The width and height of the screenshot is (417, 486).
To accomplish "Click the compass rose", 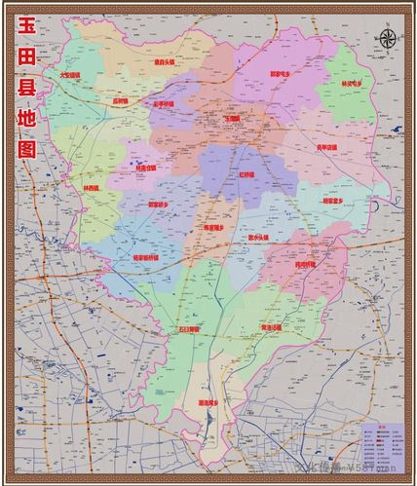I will [x=387, y=40].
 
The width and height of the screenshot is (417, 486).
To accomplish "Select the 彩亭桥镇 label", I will [x=163, y=102].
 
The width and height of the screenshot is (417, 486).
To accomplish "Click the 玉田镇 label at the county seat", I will [x=232, y=118].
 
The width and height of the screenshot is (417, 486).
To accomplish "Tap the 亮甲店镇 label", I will [x=329, y=147].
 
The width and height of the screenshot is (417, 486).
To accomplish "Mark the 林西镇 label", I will [x=92, y=189].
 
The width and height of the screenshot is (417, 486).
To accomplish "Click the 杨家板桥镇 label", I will [x=145, y=258].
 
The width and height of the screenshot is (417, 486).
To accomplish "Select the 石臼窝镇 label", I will [x=187, y=329].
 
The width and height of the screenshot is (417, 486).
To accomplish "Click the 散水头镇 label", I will [x=258, y=237].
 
